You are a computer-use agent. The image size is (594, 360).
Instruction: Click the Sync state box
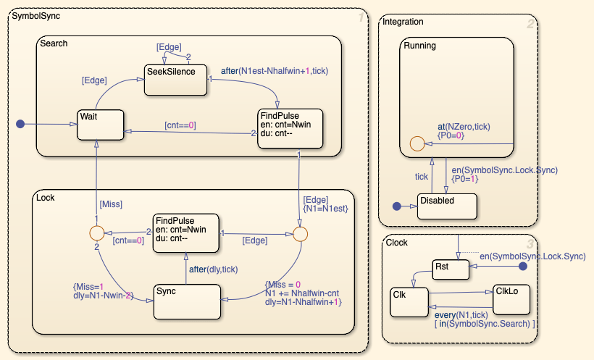tap(186, 301)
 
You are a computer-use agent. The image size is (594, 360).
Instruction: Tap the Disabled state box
tap(447, 206)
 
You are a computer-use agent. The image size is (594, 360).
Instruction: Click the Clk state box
tap(409, 301)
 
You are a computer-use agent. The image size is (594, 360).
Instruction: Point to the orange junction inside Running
tap(417, 142)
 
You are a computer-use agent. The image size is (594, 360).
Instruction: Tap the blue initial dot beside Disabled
tap(396, 206)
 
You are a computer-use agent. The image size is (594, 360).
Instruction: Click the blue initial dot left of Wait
tap(21, 125)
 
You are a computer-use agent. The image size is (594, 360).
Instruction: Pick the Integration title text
tap(403, 22)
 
